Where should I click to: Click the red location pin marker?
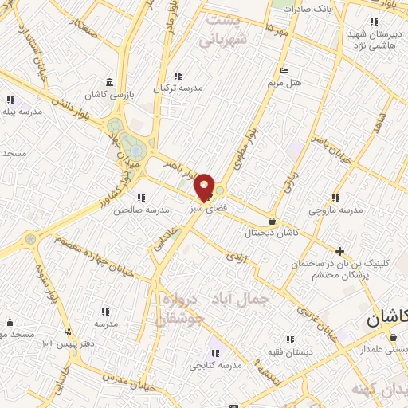coord(205,186)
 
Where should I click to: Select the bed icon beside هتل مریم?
coord(285,70)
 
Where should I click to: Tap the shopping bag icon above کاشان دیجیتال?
coord(273,222)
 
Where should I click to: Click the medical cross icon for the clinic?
coord(341,251)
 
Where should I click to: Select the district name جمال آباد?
coord(245,297)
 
